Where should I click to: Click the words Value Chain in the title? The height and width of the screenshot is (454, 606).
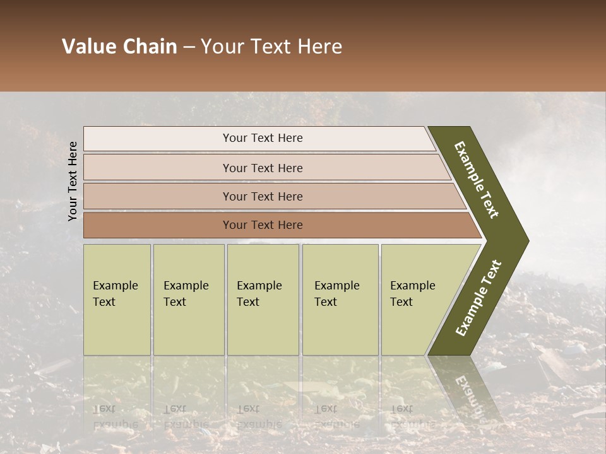point(119,47)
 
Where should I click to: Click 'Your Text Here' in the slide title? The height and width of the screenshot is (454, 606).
point(271,47)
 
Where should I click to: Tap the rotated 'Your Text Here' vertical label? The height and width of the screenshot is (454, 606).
point(73,181)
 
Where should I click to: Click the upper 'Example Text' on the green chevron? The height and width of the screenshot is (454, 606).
point(477,180)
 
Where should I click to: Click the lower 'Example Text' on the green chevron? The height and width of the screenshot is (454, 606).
point(478,298)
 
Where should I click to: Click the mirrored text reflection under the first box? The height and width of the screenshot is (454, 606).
point(115,416)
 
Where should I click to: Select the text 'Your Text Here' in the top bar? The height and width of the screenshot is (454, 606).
point(263,138)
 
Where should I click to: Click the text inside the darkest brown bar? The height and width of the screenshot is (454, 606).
point(263,225)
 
